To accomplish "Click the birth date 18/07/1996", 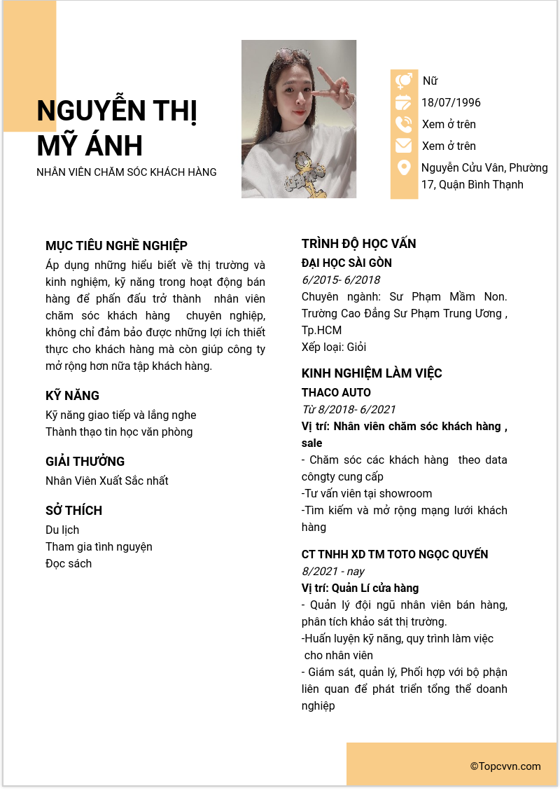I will [x=451, y=103].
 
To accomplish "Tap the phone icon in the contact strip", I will [x=404, y=125].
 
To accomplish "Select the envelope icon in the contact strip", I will [x=404, y=146].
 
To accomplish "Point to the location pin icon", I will [x=404, y=168].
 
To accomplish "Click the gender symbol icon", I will [x=404, y=81].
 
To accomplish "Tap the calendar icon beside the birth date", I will [x=404, y=103].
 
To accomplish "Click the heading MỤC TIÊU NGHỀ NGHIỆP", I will [x=116, y=246].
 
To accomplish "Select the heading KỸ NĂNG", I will [x=72, y=396].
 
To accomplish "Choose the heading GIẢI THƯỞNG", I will [x=85, y=462].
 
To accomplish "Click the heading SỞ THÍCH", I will [x=73, y=511].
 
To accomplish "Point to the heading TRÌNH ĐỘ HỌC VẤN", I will [x=358, y=244].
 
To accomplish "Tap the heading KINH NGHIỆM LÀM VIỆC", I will [x=372, y=373].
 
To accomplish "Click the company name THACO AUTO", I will [x=336, y=393].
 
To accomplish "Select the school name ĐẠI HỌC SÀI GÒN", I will [x=346, y=263].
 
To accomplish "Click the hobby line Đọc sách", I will [x=69, y=564].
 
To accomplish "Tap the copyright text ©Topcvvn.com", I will [x=505, y=766].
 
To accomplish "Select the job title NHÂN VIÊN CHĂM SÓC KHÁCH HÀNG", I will [x=127, y=172].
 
